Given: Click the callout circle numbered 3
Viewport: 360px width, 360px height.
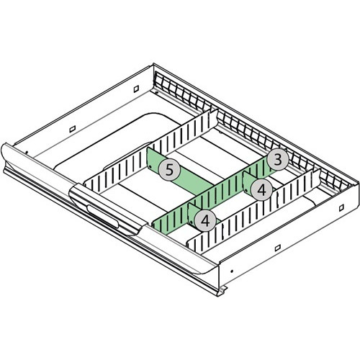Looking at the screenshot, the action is point(278,160).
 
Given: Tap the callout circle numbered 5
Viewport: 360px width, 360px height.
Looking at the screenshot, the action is point(169,170).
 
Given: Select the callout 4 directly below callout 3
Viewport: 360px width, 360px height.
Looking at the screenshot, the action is point(261,190).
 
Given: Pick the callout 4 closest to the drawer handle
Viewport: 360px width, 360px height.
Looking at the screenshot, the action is point(205,220).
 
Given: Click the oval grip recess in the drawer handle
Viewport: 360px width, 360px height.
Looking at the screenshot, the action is point(103,216).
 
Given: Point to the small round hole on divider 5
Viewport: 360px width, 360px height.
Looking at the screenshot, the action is point(150,166).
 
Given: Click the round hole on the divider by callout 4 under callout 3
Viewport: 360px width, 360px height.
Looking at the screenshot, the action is point(246,191).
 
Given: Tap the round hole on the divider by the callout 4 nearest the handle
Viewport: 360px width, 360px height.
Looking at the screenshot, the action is point(192,222).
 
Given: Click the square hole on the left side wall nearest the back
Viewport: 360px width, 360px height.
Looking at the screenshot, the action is point(136,89).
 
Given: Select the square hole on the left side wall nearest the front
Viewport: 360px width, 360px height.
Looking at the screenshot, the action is point(73,129).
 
